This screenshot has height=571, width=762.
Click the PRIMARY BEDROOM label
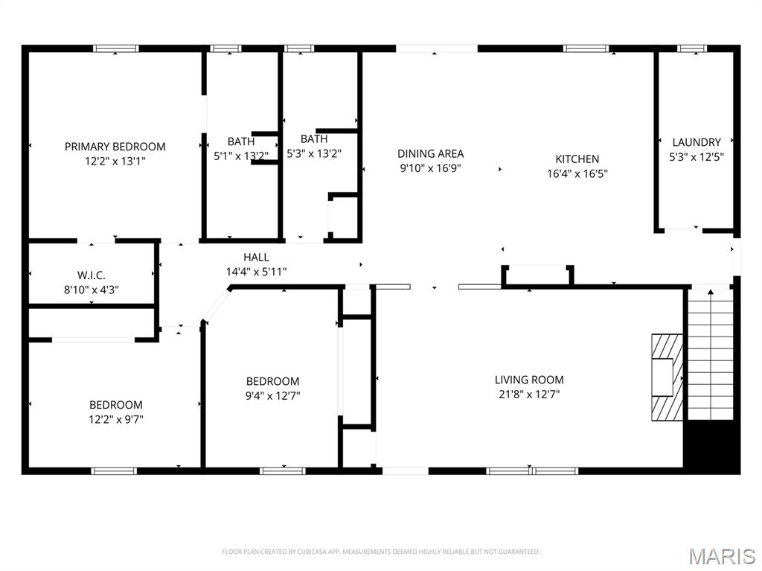pyautogui.click(x=115, y=147)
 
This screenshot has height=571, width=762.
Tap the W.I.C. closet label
pyautogui.click(x=92, y=275)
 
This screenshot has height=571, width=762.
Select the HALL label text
pyautogui.click(x=256, y=258)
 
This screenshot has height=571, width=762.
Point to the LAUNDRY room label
pyautogui.click(x=697, y=142)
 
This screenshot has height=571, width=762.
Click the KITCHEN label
pyautogui.click(x=577, y=159)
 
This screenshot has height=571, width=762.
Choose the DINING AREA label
pyautogui.click(x=431, y=153)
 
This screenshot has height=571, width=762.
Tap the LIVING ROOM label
pyautogui.click(x=529, y=380)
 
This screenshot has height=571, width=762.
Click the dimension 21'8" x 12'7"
pyautogui.click(x=529, y=394)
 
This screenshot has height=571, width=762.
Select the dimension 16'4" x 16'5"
pyautogui.click(x=577, y=173)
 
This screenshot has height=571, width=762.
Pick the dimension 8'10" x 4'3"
pyautogui.click(x=92, y=290)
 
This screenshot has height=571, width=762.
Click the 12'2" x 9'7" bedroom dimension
pyautogui.click(x=115, y=419)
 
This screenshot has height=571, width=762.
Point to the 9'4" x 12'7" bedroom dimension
pyautogui.click(x=272, y=395)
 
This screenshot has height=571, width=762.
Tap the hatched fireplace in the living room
pyautogui.click(x=667, y=377)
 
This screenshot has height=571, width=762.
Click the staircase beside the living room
pyautogui.click(x=711, y=354)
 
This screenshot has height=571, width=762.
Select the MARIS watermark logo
pyautogui.click(x=722, y=556)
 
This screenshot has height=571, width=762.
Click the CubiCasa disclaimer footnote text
pyautogui.click(x=380, y=552)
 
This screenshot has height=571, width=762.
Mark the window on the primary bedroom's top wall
pyautogui.click(x=115, y=48)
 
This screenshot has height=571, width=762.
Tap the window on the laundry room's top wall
pyautogui.click(x=692, y=48)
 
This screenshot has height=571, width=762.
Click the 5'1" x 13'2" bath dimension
pyautogui.click(x=241, y=156)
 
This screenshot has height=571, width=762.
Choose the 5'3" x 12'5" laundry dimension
pyautogui.click(x=697, y=156)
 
